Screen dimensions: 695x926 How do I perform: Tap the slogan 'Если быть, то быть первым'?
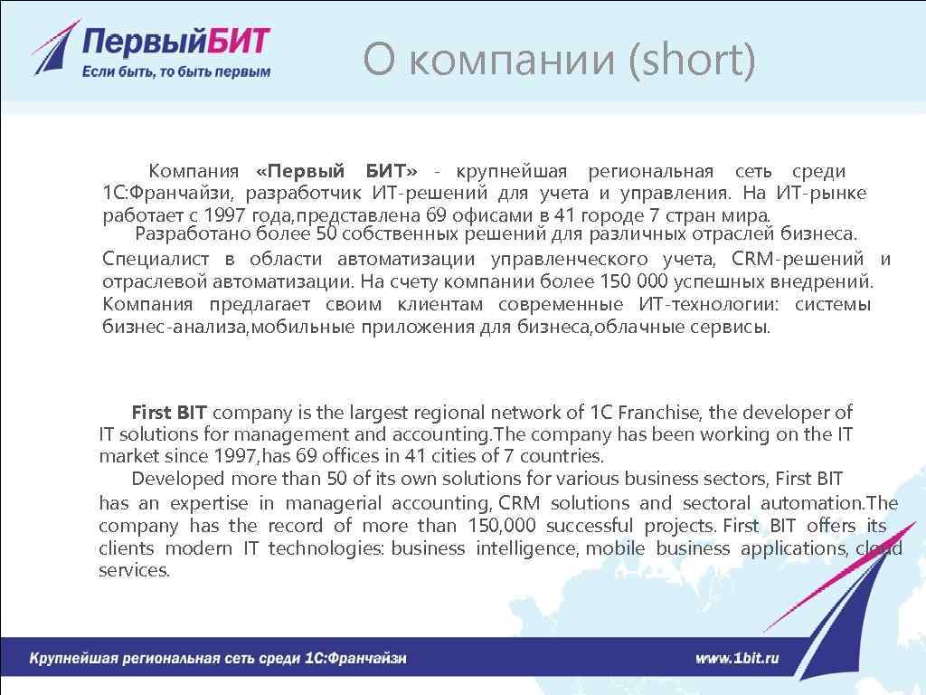[x=175, y=71]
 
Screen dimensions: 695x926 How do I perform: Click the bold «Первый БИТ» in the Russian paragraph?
[x=336, y=171]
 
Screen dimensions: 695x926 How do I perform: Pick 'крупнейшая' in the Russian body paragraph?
[x=512, y=171]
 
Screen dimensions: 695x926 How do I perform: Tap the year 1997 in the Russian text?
[x=224, y=215]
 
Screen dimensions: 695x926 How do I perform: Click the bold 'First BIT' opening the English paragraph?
[x=169, y=413]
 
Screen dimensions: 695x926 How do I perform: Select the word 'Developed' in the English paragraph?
[x=177, y=479]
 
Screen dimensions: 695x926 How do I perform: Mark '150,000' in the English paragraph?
[x=502, y=526]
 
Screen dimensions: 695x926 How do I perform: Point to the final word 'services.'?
[x=134, y=570]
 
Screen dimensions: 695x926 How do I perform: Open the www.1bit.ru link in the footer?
[x=737, y=658]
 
